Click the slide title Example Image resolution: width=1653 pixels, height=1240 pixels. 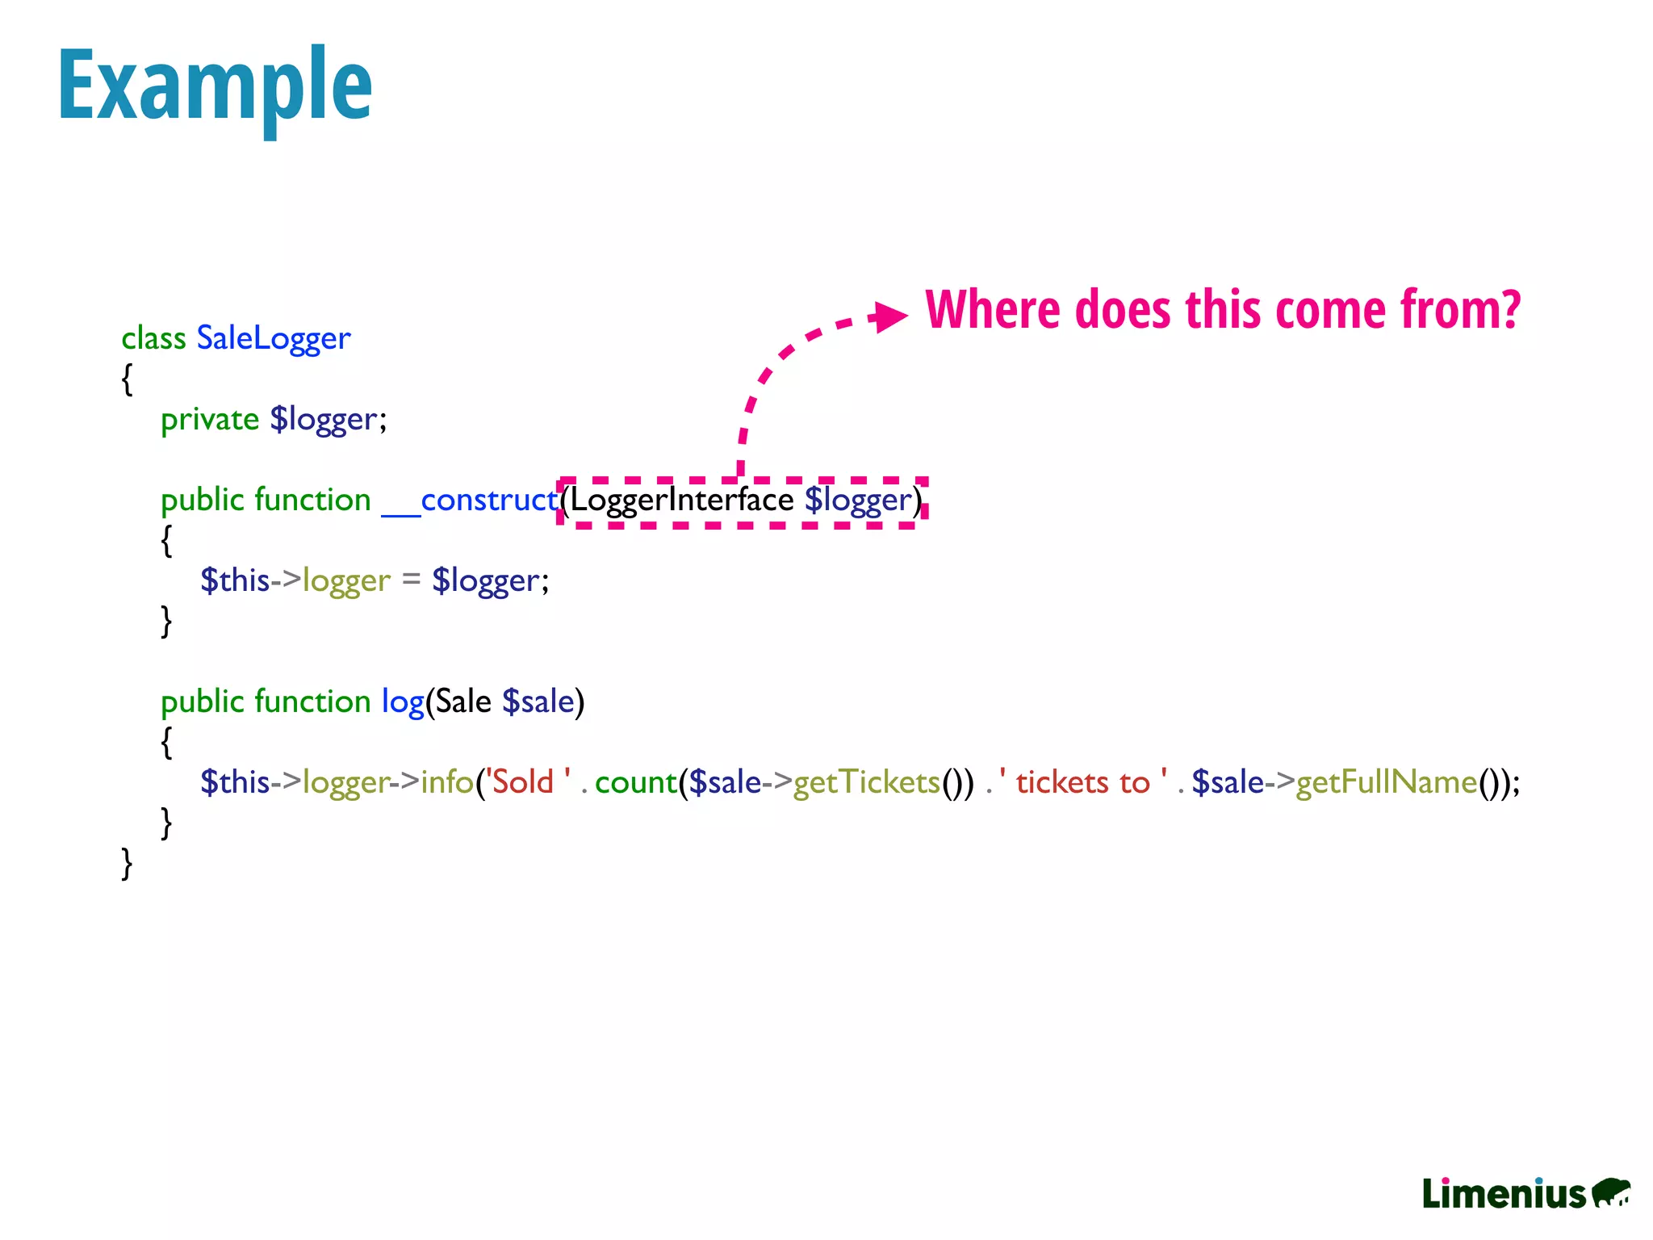215,86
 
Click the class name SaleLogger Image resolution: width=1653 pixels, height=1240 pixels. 274,338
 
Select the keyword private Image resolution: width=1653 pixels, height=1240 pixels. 210,420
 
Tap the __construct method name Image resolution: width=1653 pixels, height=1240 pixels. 470,501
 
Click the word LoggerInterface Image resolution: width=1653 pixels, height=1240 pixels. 682,501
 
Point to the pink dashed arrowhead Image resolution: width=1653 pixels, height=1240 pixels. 890,316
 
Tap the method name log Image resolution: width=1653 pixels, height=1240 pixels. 403,702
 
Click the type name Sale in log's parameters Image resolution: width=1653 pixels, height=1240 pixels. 463,702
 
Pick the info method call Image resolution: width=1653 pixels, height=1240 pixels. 446,782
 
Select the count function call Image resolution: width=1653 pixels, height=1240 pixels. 635,782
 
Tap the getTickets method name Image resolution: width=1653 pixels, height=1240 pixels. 866,782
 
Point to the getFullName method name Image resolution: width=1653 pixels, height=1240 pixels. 1386,782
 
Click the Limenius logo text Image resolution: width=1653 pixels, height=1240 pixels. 1504,1193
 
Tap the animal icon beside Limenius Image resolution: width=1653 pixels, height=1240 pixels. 1611,1192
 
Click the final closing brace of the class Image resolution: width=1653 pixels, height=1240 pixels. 127,863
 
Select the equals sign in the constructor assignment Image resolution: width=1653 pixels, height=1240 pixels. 411,580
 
